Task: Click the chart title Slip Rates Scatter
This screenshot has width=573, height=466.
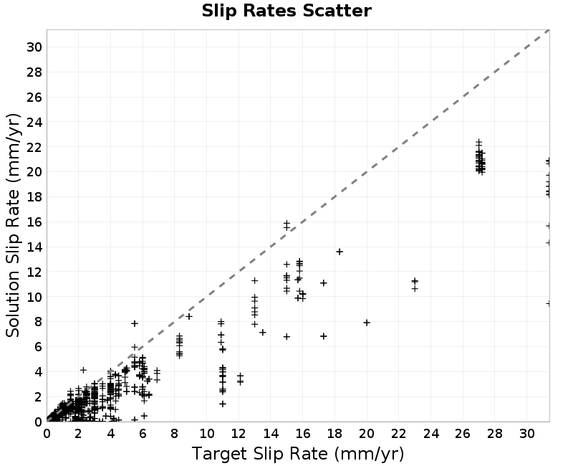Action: coord(286,11)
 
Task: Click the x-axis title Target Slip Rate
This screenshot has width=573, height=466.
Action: coord(298,454)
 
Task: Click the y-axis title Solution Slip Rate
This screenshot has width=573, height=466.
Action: coord(13,225)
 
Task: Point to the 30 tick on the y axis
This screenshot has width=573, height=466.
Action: coord(34,47)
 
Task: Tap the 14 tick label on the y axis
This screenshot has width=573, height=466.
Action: coord(34,247)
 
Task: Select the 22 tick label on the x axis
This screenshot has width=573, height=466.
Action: coord(399,434)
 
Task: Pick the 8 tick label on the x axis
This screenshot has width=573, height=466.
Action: coord(174,434)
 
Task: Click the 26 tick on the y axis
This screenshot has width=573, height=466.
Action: coord(34,98)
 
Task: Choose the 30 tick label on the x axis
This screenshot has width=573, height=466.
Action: coord(526,434)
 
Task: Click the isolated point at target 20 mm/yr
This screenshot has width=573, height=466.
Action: coord(367,323)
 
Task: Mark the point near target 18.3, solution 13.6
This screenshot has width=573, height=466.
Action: coord(340,252)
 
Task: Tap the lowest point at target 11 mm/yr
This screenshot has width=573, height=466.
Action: coord(223,404)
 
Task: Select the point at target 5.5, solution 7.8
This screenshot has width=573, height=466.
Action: coord(135,323)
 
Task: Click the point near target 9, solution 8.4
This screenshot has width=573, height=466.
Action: coord(189,316)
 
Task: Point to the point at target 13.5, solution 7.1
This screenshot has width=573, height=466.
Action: coord(262,332)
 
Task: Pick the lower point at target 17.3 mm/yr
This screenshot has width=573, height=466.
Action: coord(324,336)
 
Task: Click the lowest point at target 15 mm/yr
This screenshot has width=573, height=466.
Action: coord(286,336)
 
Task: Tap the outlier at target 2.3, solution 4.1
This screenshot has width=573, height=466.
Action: coord(83,370)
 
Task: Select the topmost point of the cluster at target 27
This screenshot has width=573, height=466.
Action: coord(478,141)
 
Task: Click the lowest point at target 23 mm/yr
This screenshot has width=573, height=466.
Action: coord(415,289)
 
